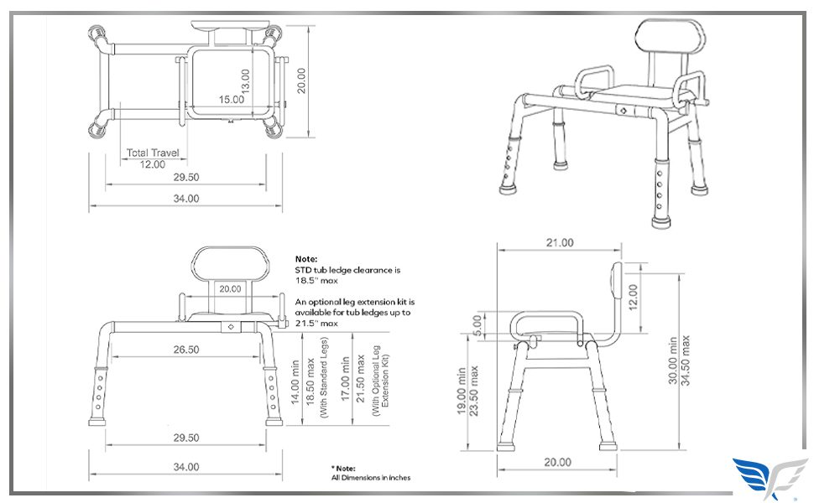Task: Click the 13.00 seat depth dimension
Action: tap(246, 81)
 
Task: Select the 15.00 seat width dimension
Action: tap(231, 99)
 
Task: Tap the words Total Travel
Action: tap(153, 153)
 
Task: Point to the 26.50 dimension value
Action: tap(186, 350)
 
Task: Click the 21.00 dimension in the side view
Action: tap(560, 242)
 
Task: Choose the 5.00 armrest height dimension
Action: tap(477, 325)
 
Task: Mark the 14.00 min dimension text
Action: tap(295, 382)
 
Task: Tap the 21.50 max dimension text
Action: tap(361, 379)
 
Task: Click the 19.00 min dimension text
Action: tap(462, 391)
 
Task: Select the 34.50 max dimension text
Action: tap(686, 360)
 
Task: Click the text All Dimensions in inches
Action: tap(371, 478)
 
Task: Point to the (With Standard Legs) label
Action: tap(324, 377)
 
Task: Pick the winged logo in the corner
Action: tap(770, 476)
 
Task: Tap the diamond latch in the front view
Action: tap(231, 327)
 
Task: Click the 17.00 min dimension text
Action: tap(345, 379)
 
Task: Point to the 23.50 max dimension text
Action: tap(473, 391)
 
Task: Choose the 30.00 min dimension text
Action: tap(673, 360)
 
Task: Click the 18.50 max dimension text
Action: tap(310, 382)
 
